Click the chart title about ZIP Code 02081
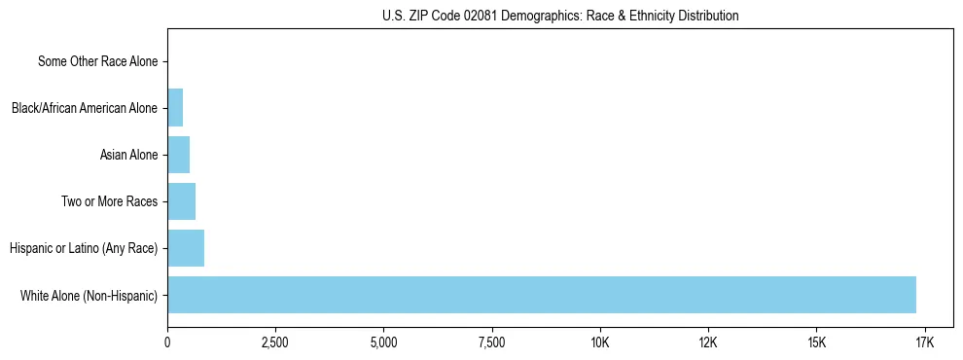pyautogui.click(x=560, y=16)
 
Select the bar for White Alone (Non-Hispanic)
pyautogui.click(x=542, y=295)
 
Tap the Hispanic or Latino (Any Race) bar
pyautogui.click(x=186, y=248)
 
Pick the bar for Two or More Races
pyautogui.click(x=181, y=201)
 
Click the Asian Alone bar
pyautogui.click(x=178, y=155)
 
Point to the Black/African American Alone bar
pyautogui.click(x=175, y=108)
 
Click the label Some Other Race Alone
pyautogui.click(x=97, y=61)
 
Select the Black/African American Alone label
pyautogui.click(x=85, y=108)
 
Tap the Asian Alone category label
pyautogui.click(x=128, y=155)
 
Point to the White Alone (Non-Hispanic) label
pyautogui.click(x=89, y=295)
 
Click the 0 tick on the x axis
pyautogui.click(x=167, y=343)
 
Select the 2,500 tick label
pyautogui.click(x=275, y=343)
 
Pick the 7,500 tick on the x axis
pyautogui.click(x=492, y=343)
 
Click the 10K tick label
pyautogui.click(x=600, y=343)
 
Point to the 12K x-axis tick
pyautogui.click(x=708, y=343)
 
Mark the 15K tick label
pyautogui.click(x=816, y=343)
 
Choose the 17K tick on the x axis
pyautogui.click(x=924, y=343)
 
